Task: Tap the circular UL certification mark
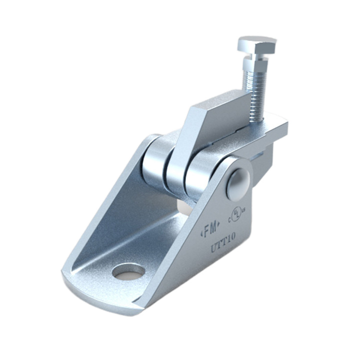(237, 214)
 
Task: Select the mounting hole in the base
(128, 272)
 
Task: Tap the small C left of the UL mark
(231, 218)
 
